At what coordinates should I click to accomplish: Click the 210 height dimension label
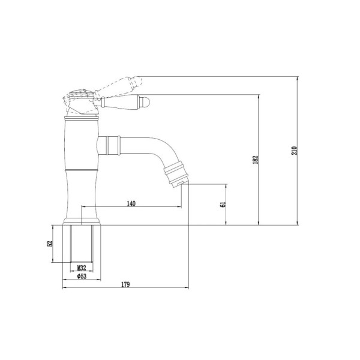tap(295, 151)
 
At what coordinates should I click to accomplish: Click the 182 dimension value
tap(256, 160)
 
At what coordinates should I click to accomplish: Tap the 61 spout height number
tap(223, 205)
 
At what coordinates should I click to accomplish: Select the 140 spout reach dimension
tap(131, 203)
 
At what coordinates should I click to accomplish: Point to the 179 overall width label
tap(125, 284)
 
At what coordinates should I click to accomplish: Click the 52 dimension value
tap(50, 244)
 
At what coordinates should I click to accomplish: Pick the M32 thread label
tap(82, 268)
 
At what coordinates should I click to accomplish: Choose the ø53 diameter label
tap(82, 276)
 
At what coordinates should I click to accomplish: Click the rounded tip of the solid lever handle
tap(146, 101)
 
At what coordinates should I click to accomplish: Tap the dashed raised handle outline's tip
tap(139, 80)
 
